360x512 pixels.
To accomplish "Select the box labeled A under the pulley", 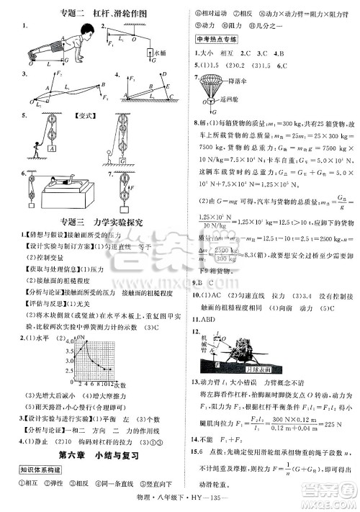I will point(53,148).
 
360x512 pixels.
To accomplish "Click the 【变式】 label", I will point(86,115).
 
